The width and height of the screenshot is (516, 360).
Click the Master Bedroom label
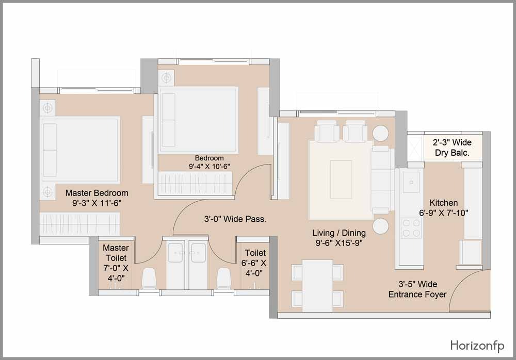pyautogui.click(x=97, y=193)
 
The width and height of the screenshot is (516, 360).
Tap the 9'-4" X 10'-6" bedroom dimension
pyautogui.click(x=209, y=167)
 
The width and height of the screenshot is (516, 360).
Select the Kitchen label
pyautogui.click(x=444, y=203)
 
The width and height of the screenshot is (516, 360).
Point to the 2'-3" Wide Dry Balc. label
pyautogui.click(x=452, y=148)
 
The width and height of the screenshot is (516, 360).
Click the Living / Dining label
pyautogui.click(x=339, y=233)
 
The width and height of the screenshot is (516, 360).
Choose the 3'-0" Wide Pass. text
pyautogui.click(x=235, y=219)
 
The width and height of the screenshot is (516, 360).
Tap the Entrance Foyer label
pyautogui.click(x=417, y=294)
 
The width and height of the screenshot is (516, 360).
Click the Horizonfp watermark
pyautogui.click(x=477, y=346)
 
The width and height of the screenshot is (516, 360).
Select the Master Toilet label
pyautogui.click(x=116, y=253)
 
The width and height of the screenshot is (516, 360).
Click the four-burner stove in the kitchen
pyautogui.click(x=411, y=228)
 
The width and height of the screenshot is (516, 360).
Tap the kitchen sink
pyautogui.click(x=411, y=182)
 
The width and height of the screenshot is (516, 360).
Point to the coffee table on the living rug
pyautogui.click(x=341, y=179)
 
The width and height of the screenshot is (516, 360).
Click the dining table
pyautogui.click(x=317, y=286)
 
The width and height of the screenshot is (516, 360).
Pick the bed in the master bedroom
pyautogui.click(x=80, y=150)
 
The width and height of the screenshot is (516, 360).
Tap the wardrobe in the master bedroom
pyautogui.click(x=79, y=223)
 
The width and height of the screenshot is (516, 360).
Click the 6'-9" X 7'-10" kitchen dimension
pyautogui.click(x=444, y=213)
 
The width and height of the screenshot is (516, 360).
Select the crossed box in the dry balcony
pyautogui.click(x=415, y=148)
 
